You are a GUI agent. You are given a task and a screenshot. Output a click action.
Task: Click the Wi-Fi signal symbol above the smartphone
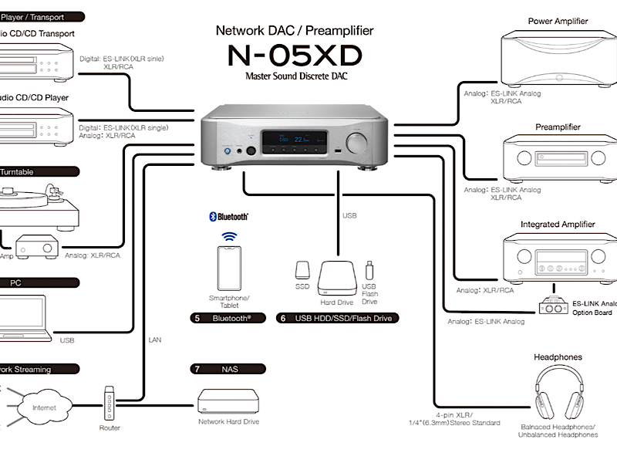pyautogui.click(x=228, y=237)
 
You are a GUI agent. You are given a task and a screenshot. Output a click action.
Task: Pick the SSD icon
pyautogui.click(x=302, y=270)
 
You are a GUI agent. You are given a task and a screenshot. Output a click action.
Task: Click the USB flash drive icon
pyautogui.click(x=369, y=270)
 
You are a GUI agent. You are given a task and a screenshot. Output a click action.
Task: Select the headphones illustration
pyautogui.click(x=558, y=392)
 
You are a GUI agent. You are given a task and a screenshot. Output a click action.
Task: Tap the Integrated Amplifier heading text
pyautogui.click(x=558, y=225)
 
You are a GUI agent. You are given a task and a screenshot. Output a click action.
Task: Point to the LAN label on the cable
pyautogui.click(x=155, y=340)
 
